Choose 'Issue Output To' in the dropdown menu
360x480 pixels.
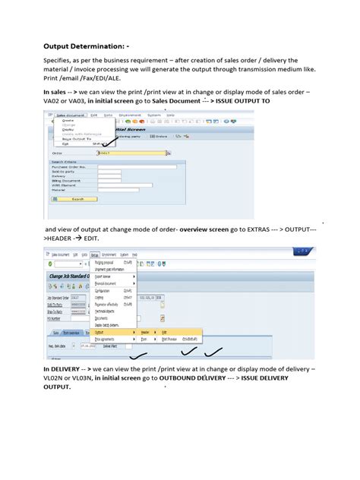pyautogui.click(x=76, y=140)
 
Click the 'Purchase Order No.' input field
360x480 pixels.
pyautogui.click(x=136, y=166)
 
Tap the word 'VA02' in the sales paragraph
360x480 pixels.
pyautogui.click(x=52, y=101)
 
